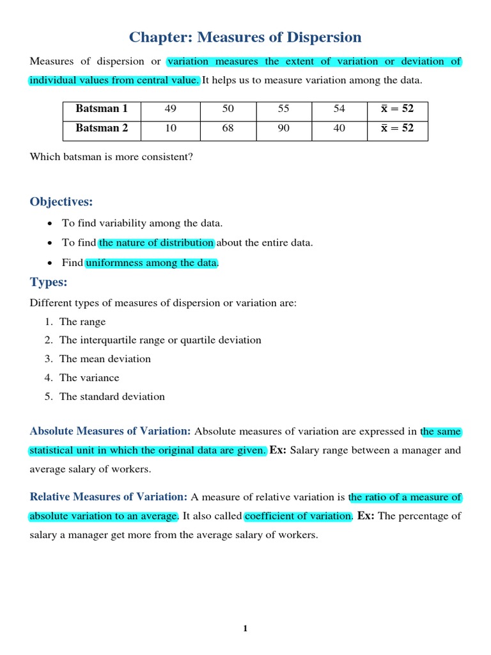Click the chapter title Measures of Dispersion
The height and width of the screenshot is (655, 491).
point(245,37)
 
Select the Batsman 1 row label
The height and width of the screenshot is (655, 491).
point(102,109)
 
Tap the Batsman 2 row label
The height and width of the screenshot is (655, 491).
point(102,128)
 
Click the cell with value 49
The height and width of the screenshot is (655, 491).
point(170,109)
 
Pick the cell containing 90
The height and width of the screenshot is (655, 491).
point(283,128)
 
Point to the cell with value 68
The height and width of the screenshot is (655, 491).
point(228,128)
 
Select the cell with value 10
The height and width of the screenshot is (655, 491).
point(170,128)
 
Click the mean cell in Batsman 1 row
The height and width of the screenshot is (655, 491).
point(397,109)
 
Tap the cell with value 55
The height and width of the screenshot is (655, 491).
point(283,109)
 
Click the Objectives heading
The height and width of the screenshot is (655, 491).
point(61,201)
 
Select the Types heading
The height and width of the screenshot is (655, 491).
point(49,282)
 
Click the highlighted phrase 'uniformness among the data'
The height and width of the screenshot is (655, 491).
point(152,263)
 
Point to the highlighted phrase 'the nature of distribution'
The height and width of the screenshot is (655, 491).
point(157,243)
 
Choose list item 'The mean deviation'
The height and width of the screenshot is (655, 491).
point(105,359)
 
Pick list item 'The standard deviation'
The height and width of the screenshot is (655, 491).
point(112,397)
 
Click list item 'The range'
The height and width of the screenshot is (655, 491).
point(82,322)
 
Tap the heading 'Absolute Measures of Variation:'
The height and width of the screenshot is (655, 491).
point(111,432)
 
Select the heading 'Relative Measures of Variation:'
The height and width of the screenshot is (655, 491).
point(109,497)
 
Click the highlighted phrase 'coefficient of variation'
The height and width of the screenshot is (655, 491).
point(298,516)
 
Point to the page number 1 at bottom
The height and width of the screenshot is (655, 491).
point(245,629)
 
